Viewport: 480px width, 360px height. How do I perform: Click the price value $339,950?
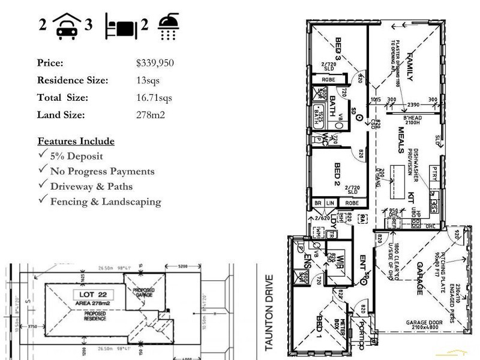(155, 63)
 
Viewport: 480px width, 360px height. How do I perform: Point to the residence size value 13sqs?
(148, 80)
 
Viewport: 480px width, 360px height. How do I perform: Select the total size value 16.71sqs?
(154, 98)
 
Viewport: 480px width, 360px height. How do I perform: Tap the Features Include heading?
(76, 142)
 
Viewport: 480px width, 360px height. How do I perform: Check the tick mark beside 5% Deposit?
(43, 155)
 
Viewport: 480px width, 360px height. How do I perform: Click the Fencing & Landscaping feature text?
(106, 202)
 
